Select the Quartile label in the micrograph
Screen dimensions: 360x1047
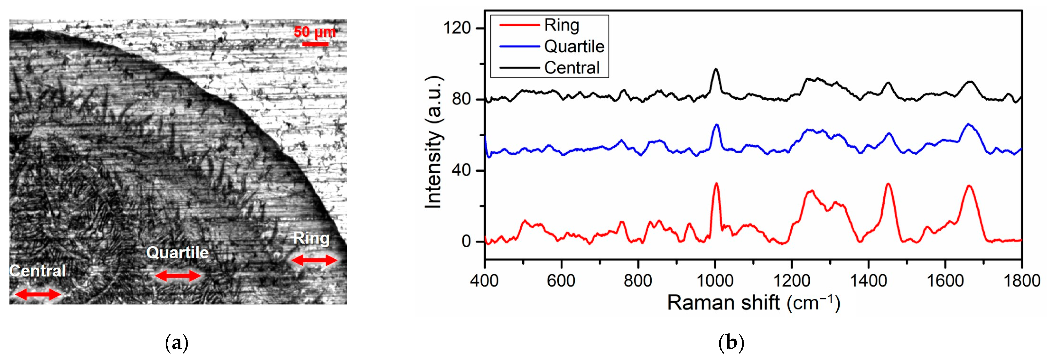178,253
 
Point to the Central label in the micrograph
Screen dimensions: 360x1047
38,271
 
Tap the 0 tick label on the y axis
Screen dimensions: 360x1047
466,241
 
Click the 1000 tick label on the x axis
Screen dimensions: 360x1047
715,281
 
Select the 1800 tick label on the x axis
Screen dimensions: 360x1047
1021,281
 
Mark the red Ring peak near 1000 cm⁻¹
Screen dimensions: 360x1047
716,184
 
